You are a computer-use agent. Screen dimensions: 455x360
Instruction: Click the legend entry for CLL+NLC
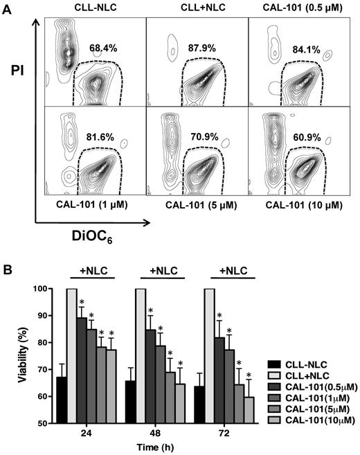[x=305, y=374]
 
